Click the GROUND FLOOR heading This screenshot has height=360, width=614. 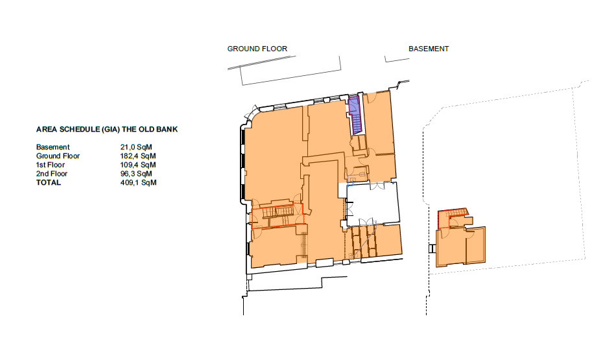click(x=257, y=49)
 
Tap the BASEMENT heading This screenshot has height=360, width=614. click(x=429, y=49)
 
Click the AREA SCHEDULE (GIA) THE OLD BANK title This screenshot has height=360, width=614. click(x=107, y=129)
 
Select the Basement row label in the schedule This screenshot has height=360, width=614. click(x=53, y=147)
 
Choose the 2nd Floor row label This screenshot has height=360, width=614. click(x=52, y=174)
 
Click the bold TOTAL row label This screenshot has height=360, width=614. click(x=49, y=183)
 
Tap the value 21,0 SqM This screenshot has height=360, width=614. click(x=134, y=147)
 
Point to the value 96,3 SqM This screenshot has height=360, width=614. click(x=134, y=174)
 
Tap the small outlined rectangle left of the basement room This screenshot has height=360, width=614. click(x=432, y=248)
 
